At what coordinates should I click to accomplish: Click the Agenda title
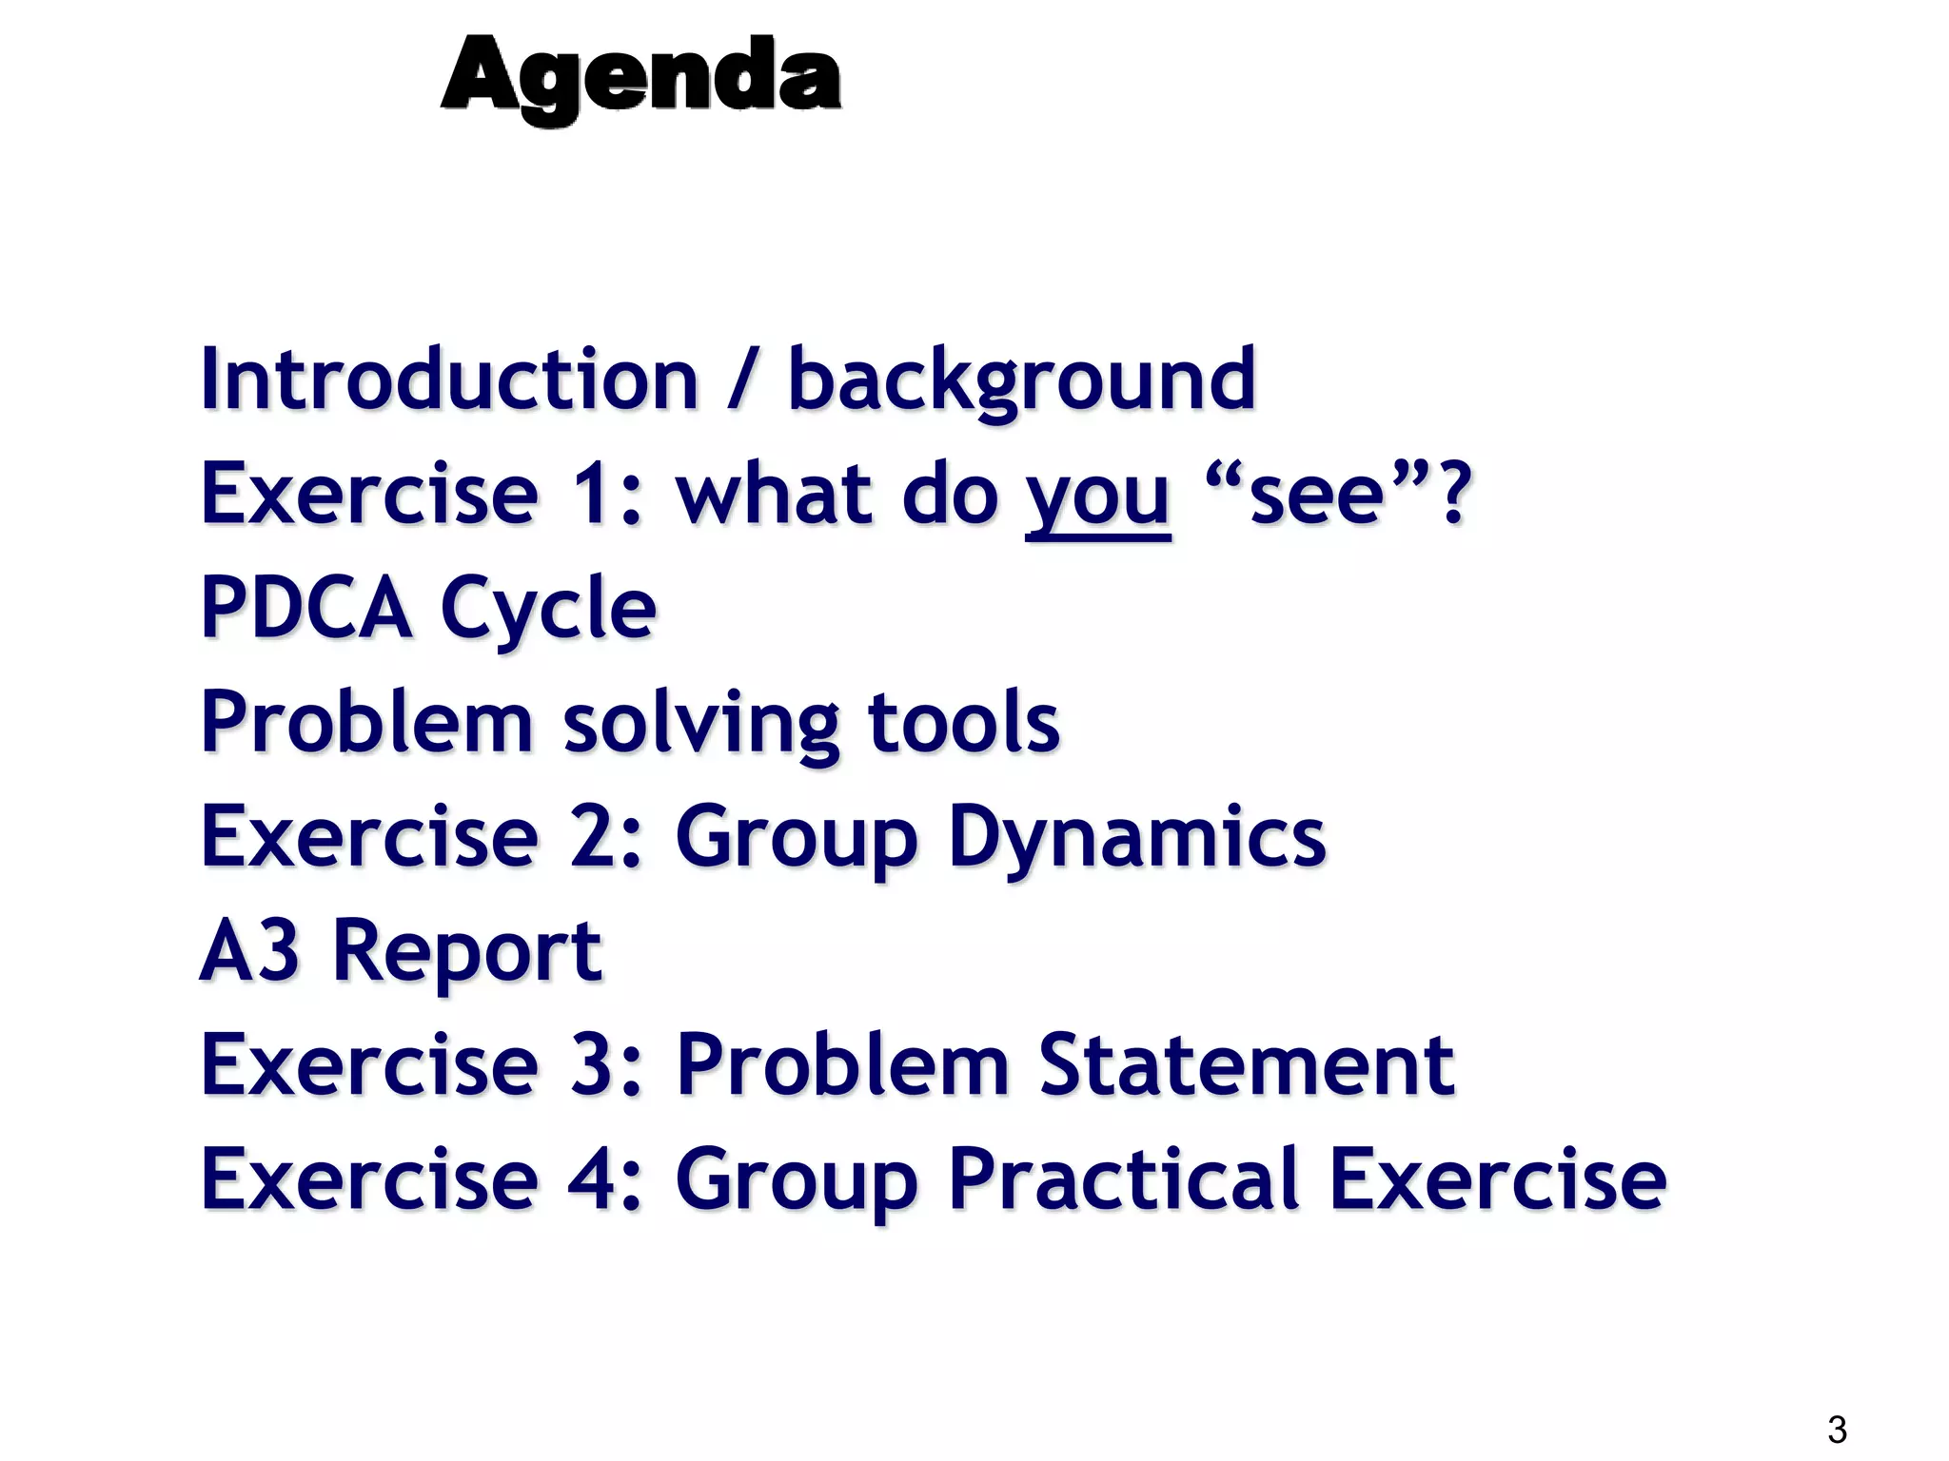tap(640, 76)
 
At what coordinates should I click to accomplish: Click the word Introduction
tap(449, 380)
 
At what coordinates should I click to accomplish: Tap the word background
tap(1021, 380)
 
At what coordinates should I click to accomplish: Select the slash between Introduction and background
tap(743, 380)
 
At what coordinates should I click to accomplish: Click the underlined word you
tap(1097, 497)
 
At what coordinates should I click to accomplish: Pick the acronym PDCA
tap(305, 608)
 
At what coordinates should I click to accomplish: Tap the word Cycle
tap(548, 610)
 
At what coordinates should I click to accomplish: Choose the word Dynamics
tap(1136, 838)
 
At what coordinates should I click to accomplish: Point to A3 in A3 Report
tap(249, 950)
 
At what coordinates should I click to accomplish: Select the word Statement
tap(1246, 1064)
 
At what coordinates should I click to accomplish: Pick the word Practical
tap(1123, 1179)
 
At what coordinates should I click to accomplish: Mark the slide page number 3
tap(1837, 1430)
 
